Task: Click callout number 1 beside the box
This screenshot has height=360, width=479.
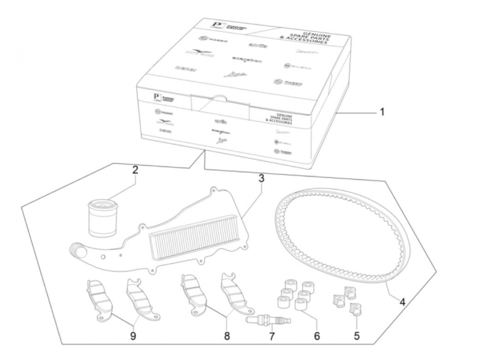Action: pyautogui.click(x=382, y=112)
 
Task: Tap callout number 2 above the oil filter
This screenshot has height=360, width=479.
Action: pyautogui.click(x=135, y=170)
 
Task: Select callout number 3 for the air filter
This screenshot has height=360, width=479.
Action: pyautogui.click(x=261, y=178)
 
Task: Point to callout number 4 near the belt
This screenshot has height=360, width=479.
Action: pyautogui.click(x=402, y=302)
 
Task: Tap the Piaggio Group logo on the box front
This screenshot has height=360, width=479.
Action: pyautogui.click(x=164, y=99)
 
